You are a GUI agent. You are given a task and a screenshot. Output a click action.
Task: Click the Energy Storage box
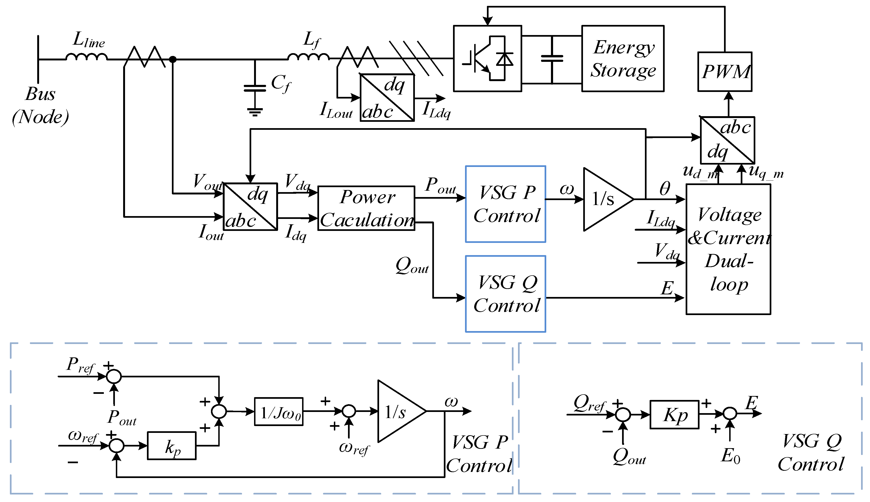tap(623, 59)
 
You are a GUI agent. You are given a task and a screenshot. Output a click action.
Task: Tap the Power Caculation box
tap(366, 208)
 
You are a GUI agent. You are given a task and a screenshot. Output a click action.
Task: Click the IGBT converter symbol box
tap(487, 59)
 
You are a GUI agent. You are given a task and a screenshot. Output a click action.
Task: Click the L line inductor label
tap(88, 40)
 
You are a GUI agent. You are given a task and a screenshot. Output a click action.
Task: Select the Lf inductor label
tap(312, 40)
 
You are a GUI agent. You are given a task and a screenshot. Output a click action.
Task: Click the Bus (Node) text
tap(40, 105)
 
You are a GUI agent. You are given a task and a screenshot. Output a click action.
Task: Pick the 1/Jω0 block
tap(279, 412)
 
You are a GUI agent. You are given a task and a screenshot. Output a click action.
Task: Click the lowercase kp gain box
tap(172, 446)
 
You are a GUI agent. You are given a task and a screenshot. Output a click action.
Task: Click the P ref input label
tap(80, 365)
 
